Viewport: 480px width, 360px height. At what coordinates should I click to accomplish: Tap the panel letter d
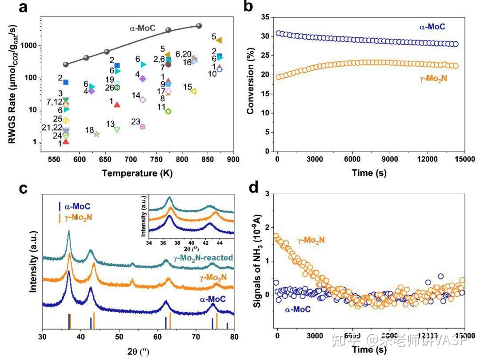[x=254, y=188]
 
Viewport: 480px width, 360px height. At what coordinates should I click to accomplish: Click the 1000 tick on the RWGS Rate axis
[x=31, y=46]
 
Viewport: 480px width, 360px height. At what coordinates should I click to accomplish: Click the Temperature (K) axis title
[x=137, y=172]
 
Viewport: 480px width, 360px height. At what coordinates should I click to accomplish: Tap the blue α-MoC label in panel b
[x=432, y=27]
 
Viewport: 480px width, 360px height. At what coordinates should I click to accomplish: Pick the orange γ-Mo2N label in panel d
[x=311, y=240]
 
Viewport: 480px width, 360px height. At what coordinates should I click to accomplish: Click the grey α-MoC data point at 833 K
[x=199, y=26]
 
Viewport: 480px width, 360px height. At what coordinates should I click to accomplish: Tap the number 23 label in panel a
[x=136, y=121]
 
